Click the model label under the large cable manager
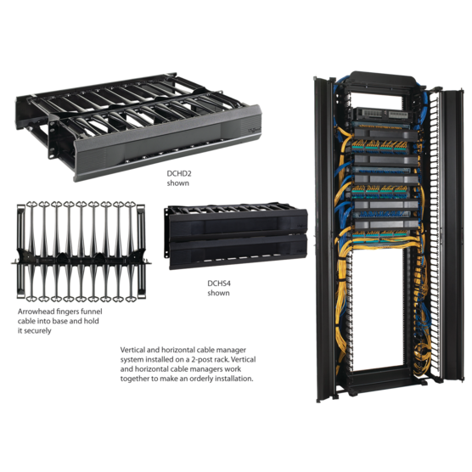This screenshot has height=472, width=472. click(x=180, y=173)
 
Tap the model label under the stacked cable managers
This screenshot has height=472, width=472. click(x=218, y=284)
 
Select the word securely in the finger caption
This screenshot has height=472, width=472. click(x=36, y=330)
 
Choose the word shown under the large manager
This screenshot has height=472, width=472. click(x=180, y=182)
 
